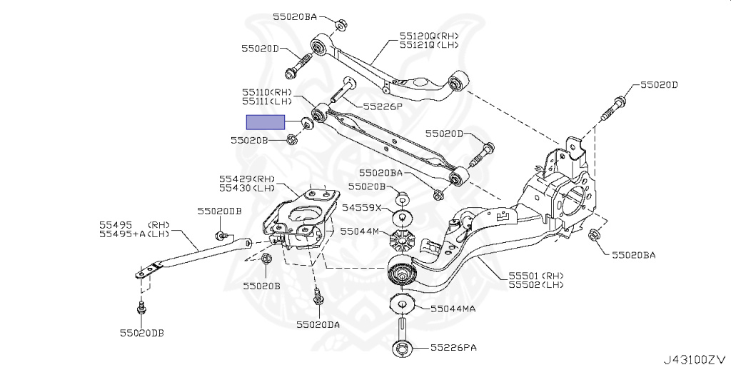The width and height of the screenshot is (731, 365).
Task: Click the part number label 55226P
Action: pos(383,106)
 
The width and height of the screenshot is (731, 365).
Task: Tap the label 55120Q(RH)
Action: pos(429,36)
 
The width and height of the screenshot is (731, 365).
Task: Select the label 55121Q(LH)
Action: pos(429,45)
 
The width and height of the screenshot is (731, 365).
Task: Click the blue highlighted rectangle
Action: pos(266,122)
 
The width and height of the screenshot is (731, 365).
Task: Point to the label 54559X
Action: pos(362,207)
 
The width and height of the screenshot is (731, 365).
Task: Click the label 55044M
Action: pos(360,231)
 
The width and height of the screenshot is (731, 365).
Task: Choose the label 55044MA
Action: pos(453,309)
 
